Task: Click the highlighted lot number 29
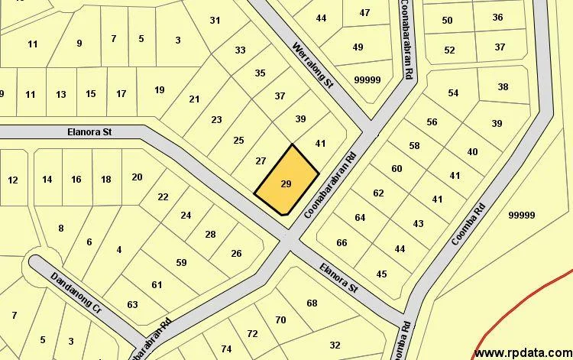pyautogui.click(x=286, y=184)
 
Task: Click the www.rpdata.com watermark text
pyautogui.click(x=523, y=352)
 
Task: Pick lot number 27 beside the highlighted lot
pyautogui.click(x=261, y=161)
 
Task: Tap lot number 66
pyautogui.click(x=342, y=243)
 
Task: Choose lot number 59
pyautogui.click(x=181, y=263)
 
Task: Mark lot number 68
pyautogui.click(x=312, y=303)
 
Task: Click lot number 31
pyautogui.click(x=215, y=21)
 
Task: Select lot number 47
pyautogui.click(x=364, y=12)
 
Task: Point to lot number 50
pyautogui.click(x=447, y=20)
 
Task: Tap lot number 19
pyautogui.click(x=159, y=90)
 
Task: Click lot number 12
pyautogui.click(x=12, y=180)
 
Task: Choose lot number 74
pyautogui.click(x=226, y=349)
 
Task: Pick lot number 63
pyautogui.click(x=132, y=305)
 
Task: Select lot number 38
pyautogui.click(x=503, y=87)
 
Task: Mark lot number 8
pyautogui.click(x=61, y=228)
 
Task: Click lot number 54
pyautogui.click(x=453, y=93)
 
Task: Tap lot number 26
pyautogui.click(x=236, y=254)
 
